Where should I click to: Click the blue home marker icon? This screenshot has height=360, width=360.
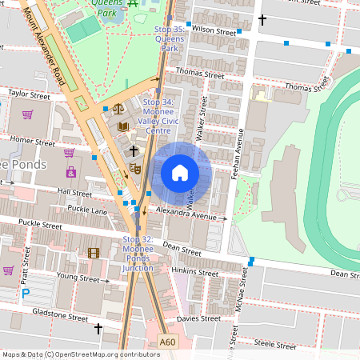(180, 173)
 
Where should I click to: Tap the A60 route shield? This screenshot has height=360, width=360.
(167, 342)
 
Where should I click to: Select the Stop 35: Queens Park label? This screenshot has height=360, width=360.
(169, 38)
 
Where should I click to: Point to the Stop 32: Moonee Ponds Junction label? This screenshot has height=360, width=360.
(137, 254)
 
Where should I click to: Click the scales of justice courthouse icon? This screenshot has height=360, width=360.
(118, 108)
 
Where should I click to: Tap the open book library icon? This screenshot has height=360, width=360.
(122, 126)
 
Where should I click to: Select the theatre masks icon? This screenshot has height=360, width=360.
(134, 168)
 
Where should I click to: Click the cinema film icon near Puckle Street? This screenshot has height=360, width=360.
(94, 253)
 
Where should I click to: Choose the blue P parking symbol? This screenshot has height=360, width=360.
(25, 294)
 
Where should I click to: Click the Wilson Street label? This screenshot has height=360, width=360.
(214, 30)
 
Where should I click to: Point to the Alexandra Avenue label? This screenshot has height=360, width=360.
(186, 216)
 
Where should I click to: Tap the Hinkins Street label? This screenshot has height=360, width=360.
(195, 273)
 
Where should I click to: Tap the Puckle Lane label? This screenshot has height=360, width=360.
(88, 210)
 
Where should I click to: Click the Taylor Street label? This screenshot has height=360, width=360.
(29, 94)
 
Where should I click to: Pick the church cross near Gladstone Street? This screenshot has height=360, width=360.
(99, 329)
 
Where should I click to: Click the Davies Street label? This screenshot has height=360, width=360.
(198, 318)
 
